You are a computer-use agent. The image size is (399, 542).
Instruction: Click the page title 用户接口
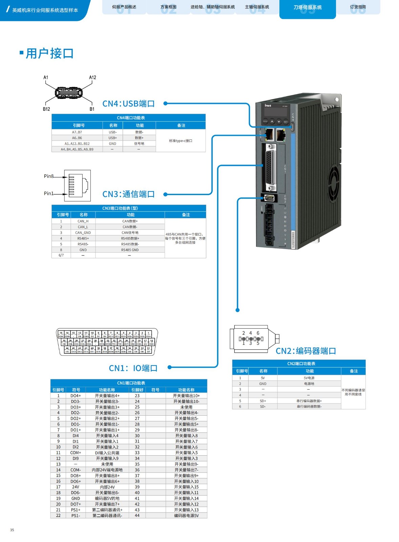point(49,54)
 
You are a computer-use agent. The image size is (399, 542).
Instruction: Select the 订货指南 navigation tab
point(358,7)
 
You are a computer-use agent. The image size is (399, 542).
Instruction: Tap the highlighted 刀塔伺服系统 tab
point(308,7)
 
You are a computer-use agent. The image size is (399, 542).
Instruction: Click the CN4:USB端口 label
point(128,104)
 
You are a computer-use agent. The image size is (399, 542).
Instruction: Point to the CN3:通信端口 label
point(128,194)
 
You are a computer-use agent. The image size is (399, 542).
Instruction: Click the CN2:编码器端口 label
point(306,351)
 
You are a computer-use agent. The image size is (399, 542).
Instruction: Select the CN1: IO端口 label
point(133,368)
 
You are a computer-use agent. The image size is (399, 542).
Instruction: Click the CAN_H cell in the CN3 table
point(83,221)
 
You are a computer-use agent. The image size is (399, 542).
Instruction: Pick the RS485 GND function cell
point(130,250)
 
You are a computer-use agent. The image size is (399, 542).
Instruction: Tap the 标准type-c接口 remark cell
point(181,141)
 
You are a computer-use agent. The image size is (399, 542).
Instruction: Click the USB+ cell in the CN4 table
point(112,138)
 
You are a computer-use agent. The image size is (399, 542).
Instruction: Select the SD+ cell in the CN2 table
point(263,401)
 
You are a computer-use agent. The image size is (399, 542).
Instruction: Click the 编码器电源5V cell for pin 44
point(186,516)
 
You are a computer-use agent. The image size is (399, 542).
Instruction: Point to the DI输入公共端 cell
point(107,453)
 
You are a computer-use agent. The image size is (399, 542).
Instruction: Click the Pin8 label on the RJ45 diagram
point(48,176)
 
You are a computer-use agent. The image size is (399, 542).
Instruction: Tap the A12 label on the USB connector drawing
point(92,78)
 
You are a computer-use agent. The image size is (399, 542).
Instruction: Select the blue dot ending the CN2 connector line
point(237,310)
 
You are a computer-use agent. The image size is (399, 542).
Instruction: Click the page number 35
point(12,530)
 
